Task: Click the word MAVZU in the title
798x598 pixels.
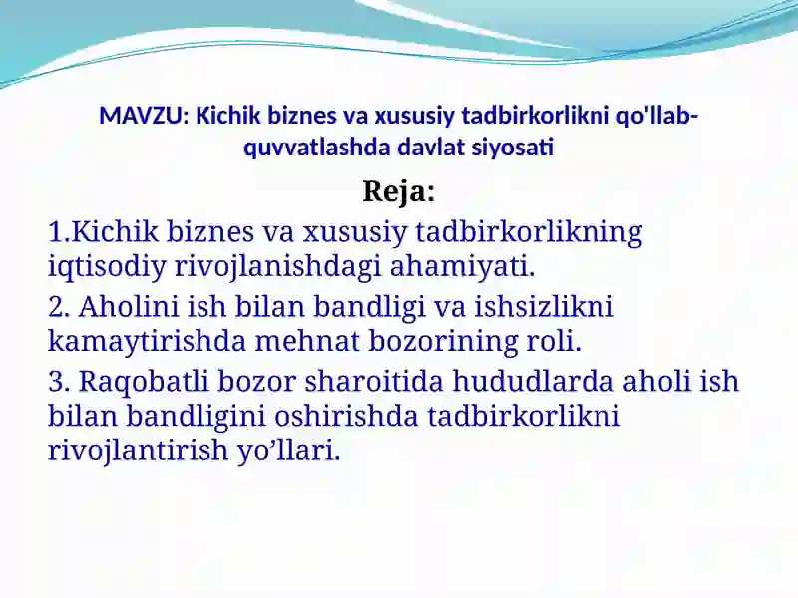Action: [x=141, y=116]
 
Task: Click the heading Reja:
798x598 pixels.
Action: [x=398, y=192]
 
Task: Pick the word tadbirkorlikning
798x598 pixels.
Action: [x=529, y=232]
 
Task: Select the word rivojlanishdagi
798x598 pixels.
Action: [x=278, y=267]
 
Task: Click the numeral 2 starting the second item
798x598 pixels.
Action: [x=56, y=307]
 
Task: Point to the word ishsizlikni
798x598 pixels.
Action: [x=544, y=307]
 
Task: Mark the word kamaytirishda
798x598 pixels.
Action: [x=147, y=341]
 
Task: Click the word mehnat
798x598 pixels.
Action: [x=307, y=341]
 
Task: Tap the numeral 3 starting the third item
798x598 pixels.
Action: [x=56, y=382]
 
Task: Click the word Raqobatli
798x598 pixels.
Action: [x=144, y=382]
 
